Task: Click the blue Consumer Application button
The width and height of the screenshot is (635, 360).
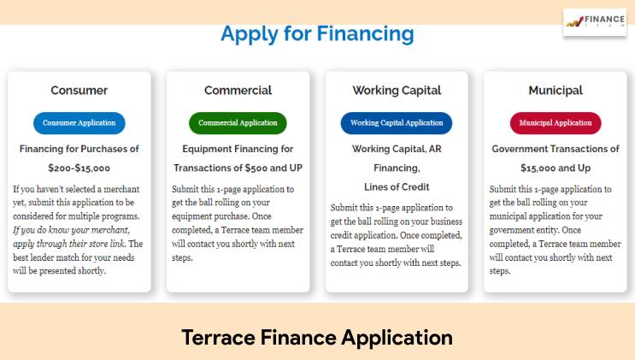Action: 79,123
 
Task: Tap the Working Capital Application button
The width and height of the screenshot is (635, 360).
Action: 397,123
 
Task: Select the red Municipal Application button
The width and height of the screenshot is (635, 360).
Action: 556,123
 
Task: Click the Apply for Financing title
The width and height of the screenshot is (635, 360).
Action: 318,34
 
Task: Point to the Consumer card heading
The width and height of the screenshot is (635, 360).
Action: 79,90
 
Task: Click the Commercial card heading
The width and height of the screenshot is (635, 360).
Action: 238,90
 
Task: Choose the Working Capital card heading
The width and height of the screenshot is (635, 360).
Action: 397,91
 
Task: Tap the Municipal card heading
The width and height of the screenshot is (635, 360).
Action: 556,91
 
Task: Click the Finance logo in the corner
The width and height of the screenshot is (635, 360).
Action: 595,21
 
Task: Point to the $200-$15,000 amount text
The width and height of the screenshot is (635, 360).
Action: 79,168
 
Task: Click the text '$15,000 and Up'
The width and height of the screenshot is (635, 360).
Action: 556,168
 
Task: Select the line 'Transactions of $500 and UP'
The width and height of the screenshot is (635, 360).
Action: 238,168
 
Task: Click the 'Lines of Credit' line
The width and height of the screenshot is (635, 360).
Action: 397,187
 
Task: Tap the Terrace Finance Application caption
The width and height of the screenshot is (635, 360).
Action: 317,338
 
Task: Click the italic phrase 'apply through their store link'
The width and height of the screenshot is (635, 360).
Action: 69,244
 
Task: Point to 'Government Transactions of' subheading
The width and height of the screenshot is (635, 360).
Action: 556,149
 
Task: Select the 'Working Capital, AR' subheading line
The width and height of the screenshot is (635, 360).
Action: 397,149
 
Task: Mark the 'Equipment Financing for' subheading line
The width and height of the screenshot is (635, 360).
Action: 238,149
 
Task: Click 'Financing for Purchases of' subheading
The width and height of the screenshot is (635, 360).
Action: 79,149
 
